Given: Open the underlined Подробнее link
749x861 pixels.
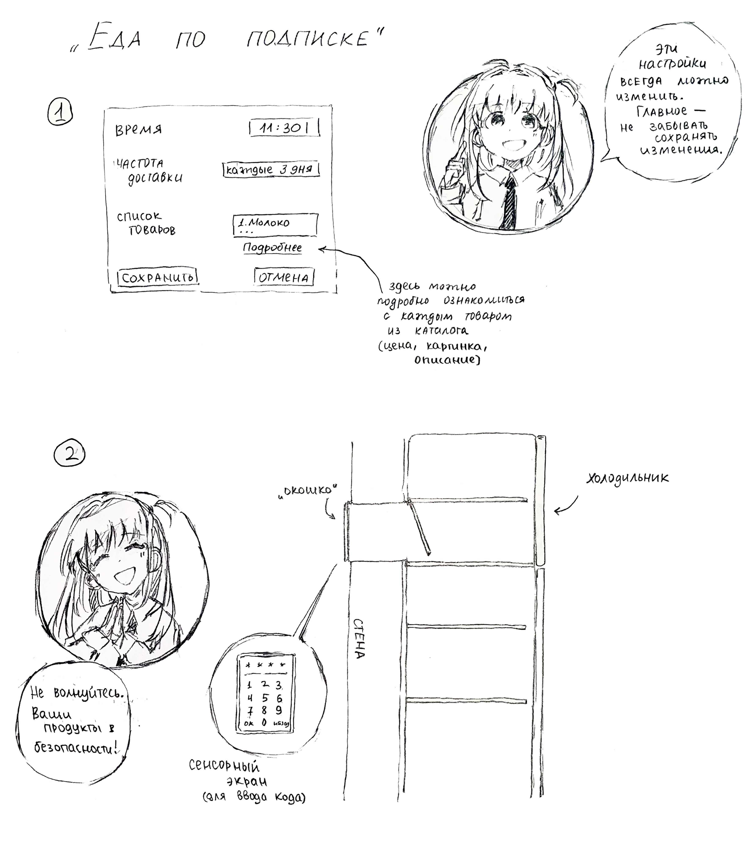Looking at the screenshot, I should pos(272,248).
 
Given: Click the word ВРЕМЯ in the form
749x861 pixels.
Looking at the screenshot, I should pos(138,130).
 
